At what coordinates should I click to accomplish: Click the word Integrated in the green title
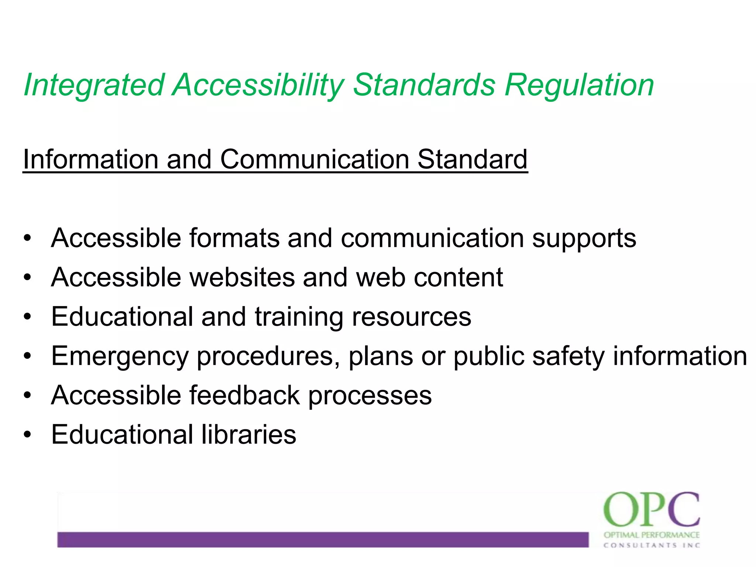tap(94, 86)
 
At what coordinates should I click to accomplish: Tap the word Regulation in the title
tap(580, 86)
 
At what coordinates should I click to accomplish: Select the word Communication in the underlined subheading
tap(315, 159)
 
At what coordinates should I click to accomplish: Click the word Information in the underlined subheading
tap(90, 159)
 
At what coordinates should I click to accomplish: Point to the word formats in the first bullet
tap(234, 238)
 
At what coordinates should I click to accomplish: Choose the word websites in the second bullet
tap(242, 277)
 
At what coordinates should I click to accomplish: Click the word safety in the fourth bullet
tap(568, 357)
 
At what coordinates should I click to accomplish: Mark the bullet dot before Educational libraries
tap(27, 435)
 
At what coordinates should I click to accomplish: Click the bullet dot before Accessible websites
tap(27, 278)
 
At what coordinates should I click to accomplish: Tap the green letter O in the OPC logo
tap(620, 510)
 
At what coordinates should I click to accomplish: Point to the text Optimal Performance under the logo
tap(652, 535)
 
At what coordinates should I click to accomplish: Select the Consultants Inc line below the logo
tap(652, 545)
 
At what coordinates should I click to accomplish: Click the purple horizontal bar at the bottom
tap(323, 539)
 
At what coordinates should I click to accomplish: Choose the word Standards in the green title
tap(424, 86)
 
